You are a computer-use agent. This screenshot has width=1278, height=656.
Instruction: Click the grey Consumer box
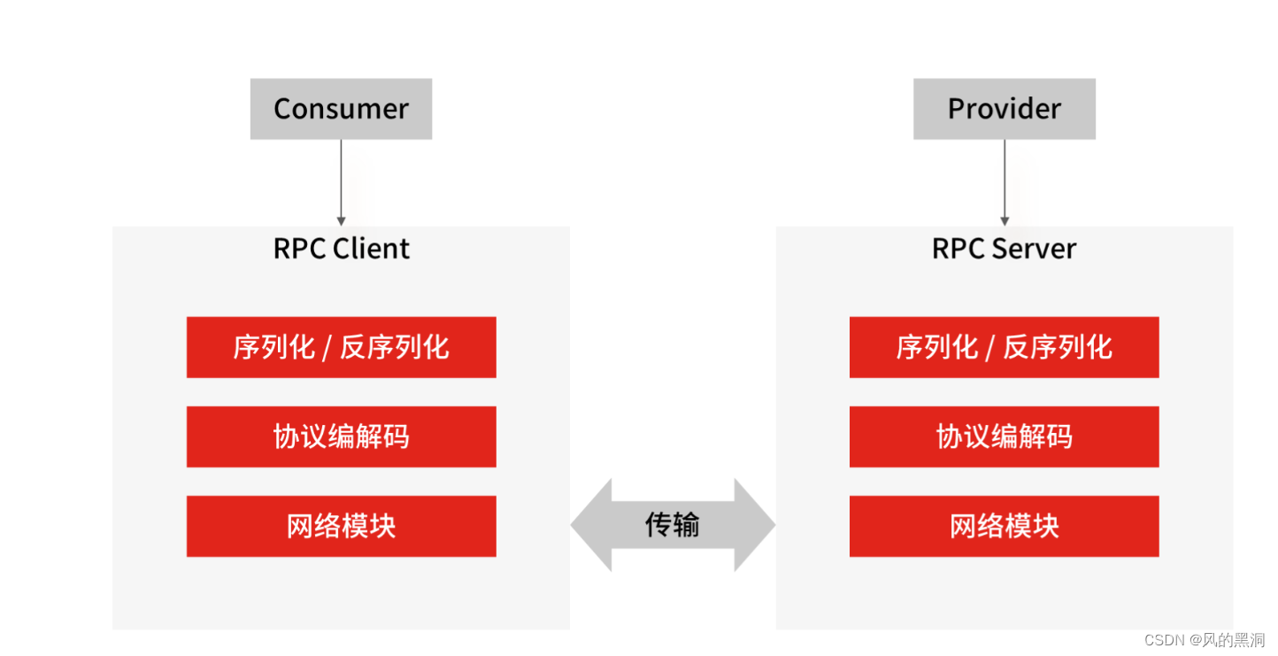(341, 109)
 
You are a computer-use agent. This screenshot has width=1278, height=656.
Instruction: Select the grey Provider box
(1004, 109)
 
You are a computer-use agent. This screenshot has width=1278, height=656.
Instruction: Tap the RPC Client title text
(341, 249)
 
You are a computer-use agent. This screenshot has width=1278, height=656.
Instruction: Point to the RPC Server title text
(1004, 249)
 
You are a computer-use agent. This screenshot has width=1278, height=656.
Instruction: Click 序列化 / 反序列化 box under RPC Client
(341, 347)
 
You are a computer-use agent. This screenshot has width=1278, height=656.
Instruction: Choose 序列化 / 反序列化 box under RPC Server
(1004, 347)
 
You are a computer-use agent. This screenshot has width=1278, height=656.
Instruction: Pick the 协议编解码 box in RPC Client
(341, 436)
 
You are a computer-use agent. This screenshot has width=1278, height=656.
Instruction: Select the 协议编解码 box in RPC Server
(1004, 436)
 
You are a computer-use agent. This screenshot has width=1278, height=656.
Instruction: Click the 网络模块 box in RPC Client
(341, 526)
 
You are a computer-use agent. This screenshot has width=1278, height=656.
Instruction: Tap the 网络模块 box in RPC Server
(1004, 526)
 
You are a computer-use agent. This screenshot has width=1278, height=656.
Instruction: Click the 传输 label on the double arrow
(673, 525)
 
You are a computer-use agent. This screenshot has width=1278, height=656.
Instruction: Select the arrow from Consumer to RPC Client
(341, 181)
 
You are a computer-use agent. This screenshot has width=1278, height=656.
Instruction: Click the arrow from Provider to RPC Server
(1004, 181)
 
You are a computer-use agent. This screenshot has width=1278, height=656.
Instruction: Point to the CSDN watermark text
(1163, 640)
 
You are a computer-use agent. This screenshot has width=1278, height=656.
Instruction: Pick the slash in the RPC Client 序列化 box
(327, 348)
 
